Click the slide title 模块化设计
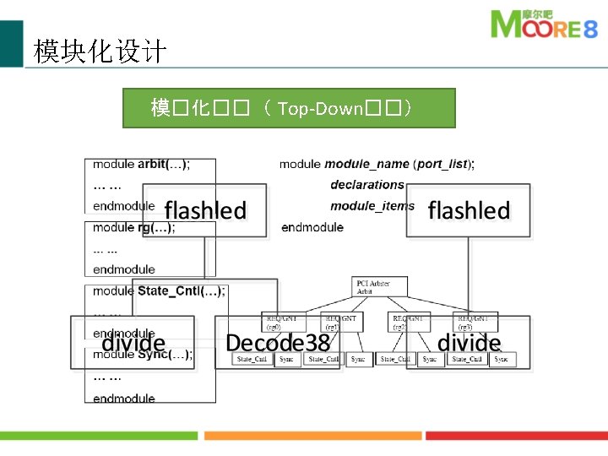(100, 52)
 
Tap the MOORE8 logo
(545, 25)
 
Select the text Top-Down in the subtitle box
(319, 108)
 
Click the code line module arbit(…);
(141, 165)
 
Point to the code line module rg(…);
(133, 227)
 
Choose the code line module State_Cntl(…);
(159, 291)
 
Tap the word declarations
(367, 184)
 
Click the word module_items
(372, 205)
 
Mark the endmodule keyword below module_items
(312, 227)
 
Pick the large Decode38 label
(278, 343)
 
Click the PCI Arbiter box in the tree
(380, 286)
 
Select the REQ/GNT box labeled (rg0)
(279, 322)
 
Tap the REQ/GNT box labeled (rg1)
(342, 322)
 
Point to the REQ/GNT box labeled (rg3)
(475, 322)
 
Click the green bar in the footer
(99, 436)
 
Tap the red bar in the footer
(516, 436)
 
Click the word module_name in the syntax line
(366, 164)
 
